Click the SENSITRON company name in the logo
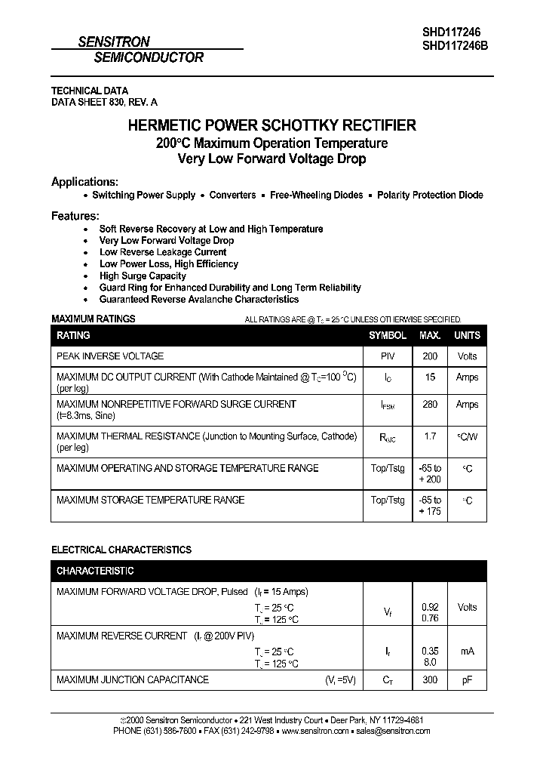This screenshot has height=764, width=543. [114, 43]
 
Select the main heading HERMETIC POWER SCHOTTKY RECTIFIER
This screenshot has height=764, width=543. [271, 126]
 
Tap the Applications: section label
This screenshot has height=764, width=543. [84, 182]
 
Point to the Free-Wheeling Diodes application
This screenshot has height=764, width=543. [317, 195]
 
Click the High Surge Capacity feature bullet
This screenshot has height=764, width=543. [143, 276]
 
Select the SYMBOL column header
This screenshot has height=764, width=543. [388, 335]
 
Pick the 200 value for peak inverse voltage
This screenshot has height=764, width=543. [430, 356]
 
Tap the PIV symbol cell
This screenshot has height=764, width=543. [388, 356]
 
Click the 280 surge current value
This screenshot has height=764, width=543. [430, 405]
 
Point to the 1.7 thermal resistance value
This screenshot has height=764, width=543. [430, 436]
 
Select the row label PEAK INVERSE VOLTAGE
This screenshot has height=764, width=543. [110, 356]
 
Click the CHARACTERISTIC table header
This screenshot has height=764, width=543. [95, 571]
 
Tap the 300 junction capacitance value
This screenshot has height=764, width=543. [430, 680]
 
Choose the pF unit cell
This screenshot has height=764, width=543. [467, 680]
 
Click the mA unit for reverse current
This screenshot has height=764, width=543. [467, 651]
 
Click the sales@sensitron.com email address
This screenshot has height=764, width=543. [393, 731]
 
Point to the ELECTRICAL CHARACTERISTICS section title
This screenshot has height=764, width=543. [121, 550]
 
